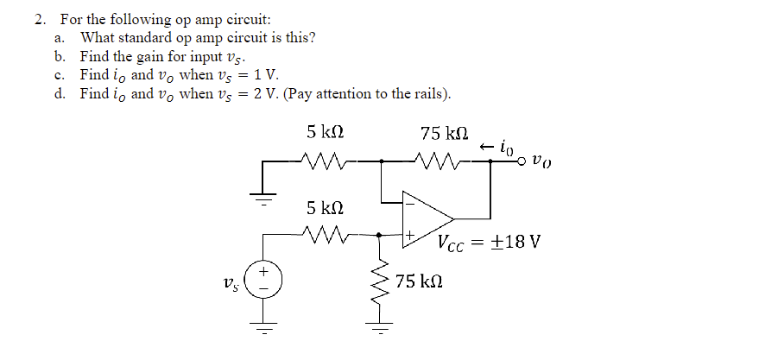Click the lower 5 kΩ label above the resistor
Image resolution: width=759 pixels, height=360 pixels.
pyautogui.click(x=325, y=207)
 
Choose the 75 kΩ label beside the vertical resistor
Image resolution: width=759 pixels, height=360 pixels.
pyautogui.click(x=420, y=282)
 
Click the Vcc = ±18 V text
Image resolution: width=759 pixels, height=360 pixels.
pyautogui.click(x=489, y=242)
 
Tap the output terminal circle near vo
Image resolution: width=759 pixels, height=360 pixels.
pyautogui.click(x=522, y=161)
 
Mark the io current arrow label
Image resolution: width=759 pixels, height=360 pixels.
pyautogui.click(x=495, y=148)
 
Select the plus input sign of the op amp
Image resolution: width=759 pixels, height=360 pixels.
pyautogui.click(x=412, y=234)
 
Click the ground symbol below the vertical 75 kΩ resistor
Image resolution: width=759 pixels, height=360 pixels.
pyautogui.click(x=377, y=328)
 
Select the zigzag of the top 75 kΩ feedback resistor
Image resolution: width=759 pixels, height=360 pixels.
pyautogui.click(x=433, y=161)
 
